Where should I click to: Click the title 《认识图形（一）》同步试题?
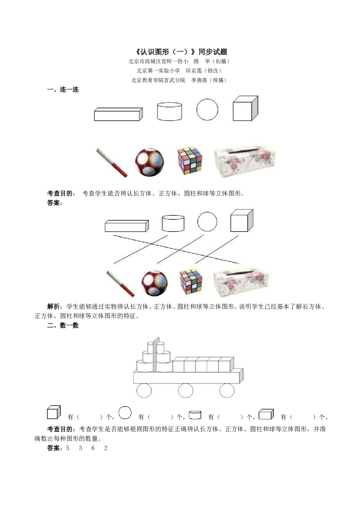(180, 52)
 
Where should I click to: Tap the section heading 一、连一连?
(63, 90)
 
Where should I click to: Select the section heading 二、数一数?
(63, 326)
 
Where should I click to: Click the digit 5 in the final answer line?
(68, 448)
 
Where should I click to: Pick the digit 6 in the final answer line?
(93, 448)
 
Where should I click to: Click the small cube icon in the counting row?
(53, 413)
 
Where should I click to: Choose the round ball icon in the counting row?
(125, 413)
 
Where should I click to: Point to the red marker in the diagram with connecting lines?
(120, 284)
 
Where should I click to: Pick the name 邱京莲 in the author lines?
(194, 71)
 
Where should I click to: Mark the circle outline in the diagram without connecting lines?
(207, 110)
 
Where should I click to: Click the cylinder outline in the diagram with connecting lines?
(173, 223)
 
